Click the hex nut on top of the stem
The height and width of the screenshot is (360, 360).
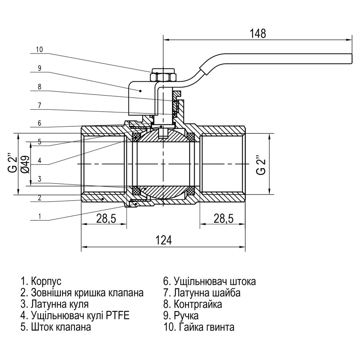tap(163, 76)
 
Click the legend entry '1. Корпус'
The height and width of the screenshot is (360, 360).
tap(41, 281)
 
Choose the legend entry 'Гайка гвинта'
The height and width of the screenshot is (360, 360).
tap(203, 327)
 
